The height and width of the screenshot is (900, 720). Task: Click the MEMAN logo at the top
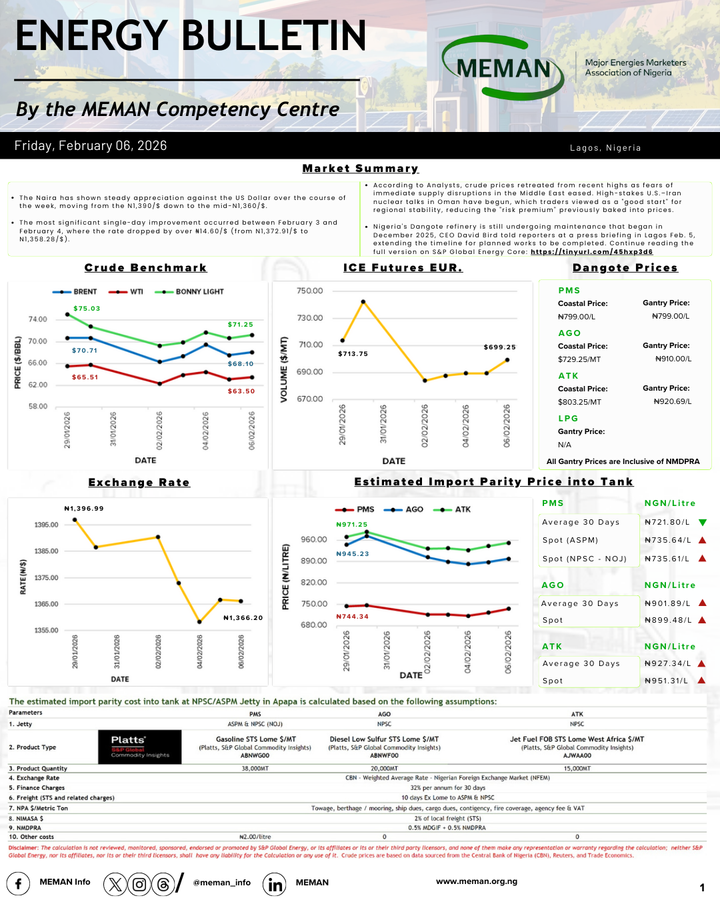click(503, 67)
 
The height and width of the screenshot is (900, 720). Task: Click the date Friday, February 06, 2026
click(91, 146)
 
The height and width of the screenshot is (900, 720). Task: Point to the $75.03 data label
click(87, 309)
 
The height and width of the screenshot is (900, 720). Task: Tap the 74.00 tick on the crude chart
click(38, 319)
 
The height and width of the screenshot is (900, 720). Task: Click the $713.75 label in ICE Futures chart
click(353, 354)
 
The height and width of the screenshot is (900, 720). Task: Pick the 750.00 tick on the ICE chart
click(309, 291)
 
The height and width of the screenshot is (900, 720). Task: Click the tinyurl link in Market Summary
click(591, 252)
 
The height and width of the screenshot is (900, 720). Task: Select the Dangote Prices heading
click(625, 268)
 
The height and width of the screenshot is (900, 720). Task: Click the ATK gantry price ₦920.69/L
click(672, 402)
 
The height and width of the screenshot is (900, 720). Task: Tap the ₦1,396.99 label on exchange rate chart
click(84, 509)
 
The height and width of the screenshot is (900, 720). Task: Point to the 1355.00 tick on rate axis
click(46, 630)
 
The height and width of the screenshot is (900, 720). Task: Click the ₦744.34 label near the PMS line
click(352, 617)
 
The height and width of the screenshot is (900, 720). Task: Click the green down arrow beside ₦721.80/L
click(702, 523)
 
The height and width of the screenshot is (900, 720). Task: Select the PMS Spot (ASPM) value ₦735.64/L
click(667, 541)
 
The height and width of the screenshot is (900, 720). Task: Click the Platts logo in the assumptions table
click(140, 747)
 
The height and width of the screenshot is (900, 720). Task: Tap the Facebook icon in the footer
click(18, 884)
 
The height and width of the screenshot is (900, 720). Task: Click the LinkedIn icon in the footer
click(275, 884)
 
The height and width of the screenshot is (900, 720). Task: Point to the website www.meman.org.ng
click(477, 881)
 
